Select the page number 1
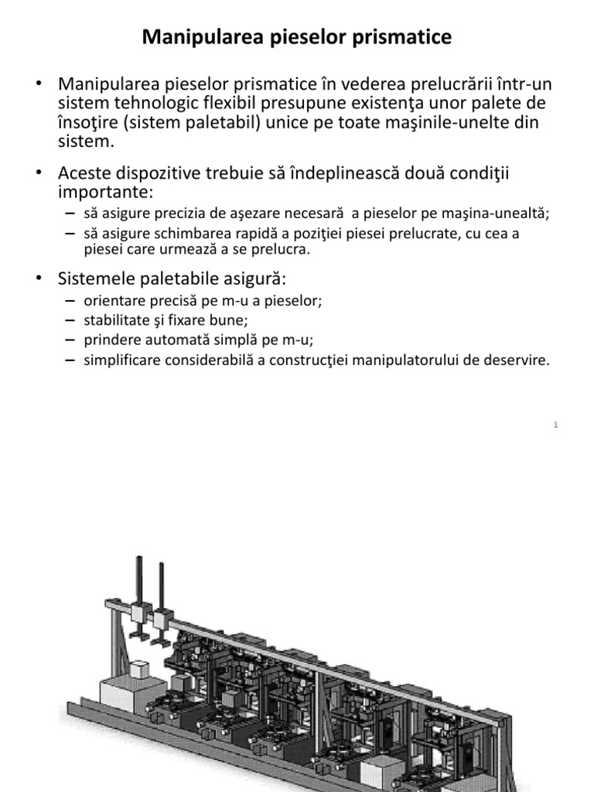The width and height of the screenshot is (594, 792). click(556, 425)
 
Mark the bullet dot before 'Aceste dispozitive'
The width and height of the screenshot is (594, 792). click(36, 172)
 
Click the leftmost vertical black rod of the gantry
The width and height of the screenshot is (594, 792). click(139, 580)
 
